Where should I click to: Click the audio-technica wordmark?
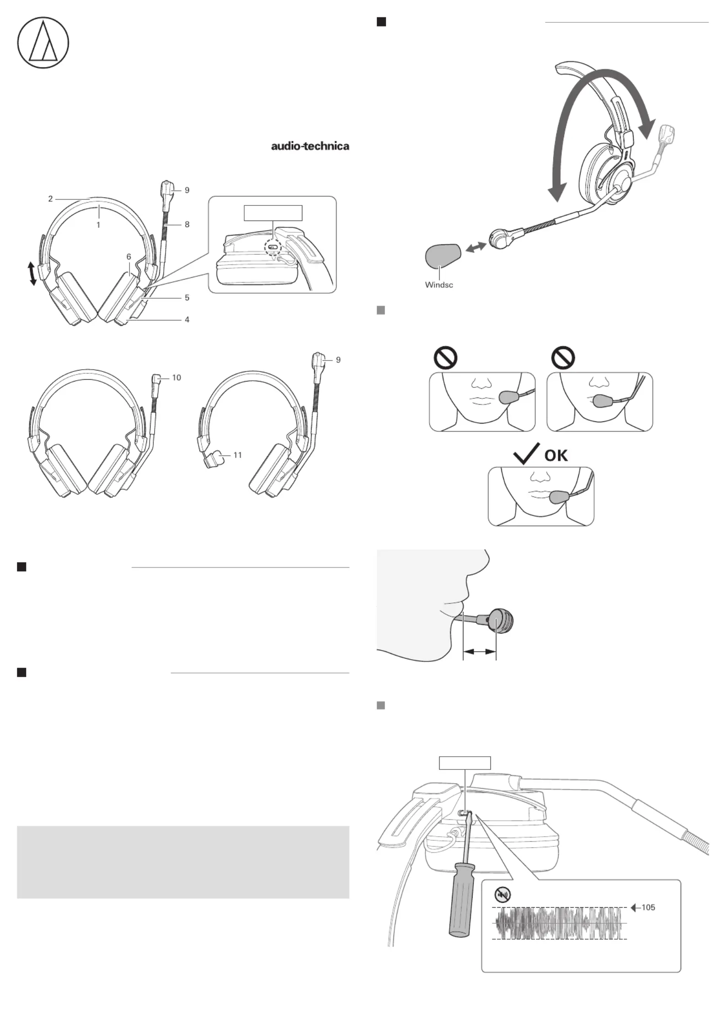310,146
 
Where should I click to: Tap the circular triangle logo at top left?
43,43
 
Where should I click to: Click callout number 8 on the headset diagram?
187,224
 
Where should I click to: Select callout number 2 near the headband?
50,199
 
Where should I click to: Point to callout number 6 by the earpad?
129,257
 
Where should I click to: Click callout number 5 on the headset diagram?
187,298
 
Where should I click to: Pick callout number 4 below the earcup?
187,320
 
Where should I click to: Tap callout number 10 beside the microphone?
177,378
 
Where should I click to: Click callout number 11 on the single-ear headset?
237,455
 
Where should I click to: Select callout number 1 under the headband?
98,225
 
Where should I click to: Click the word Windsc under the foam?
439,285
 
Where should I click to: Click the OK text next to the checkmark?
556,455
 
